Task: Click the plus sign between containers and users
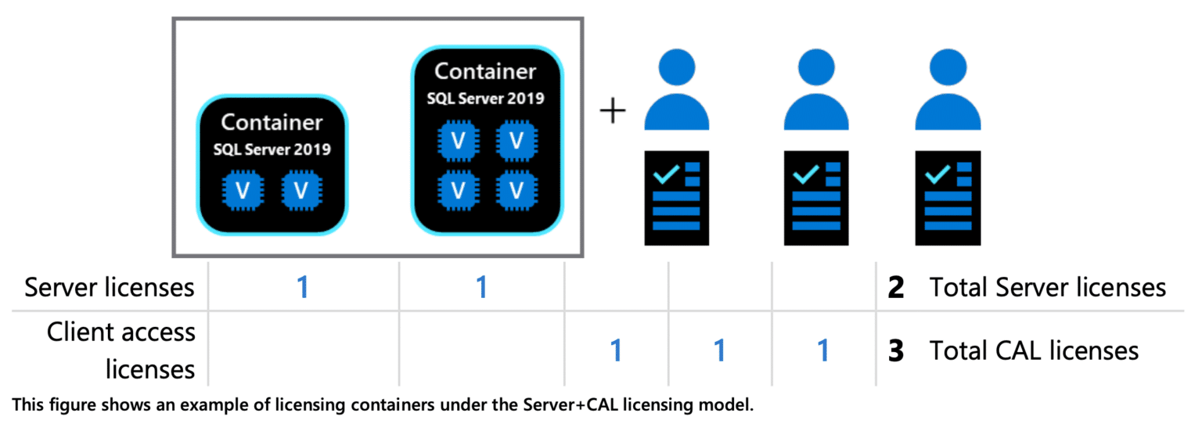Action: (x=613, y=113)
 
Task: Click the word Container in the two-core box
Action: (x=272, y=123)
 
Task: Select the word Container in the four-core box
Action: (x=485, y=71)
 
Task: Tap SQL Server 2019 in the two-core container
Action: (x=272, y=149)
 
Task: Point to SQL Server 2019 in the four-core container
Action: (x=485, y=99)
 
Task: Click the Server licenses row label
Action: (x=109, y=287)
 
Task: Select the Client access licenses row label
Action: (x=121, y=350)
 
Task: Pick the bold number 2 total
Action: (x=896, y=288)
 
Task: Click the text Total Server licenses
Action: (x=1047, y=288)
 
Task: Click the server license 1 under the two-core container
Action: (x=303, y=288)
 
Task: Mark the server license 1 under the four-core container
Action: (x=482, y=288)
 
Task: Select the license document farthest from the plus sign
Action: (x=948, y=198)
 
